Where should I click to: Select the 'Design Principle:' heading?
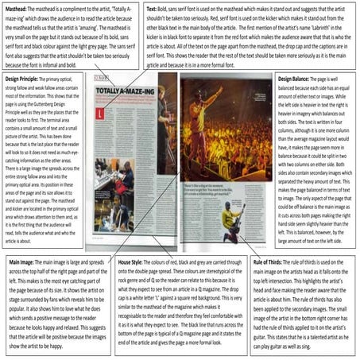pos(27,79)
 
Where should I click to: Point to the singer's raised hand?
pos(195,93)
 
